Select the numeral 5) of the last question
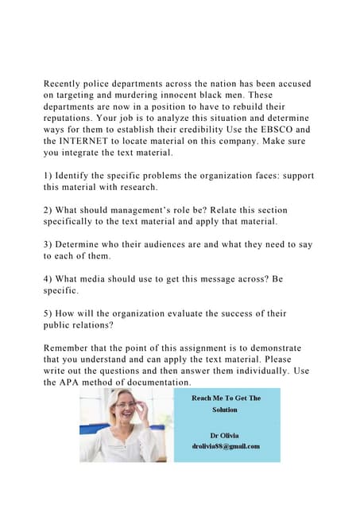[x=49, y=315]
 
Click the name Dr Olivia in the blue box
[x=224, y=435]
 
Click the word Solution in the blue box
[x=225, y=410]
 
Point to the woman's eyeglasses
[x=126, y=406]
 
